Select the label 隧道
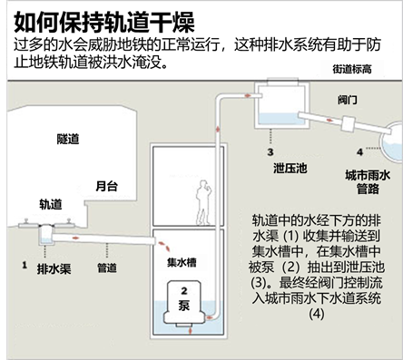[43, 137]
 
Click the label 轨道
[52, 206]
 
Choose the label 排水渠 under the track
[51, 269]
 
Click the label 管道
[106, 269]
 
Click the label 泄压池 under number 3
[270, 167]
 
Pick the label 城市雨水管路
[369, 182]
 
